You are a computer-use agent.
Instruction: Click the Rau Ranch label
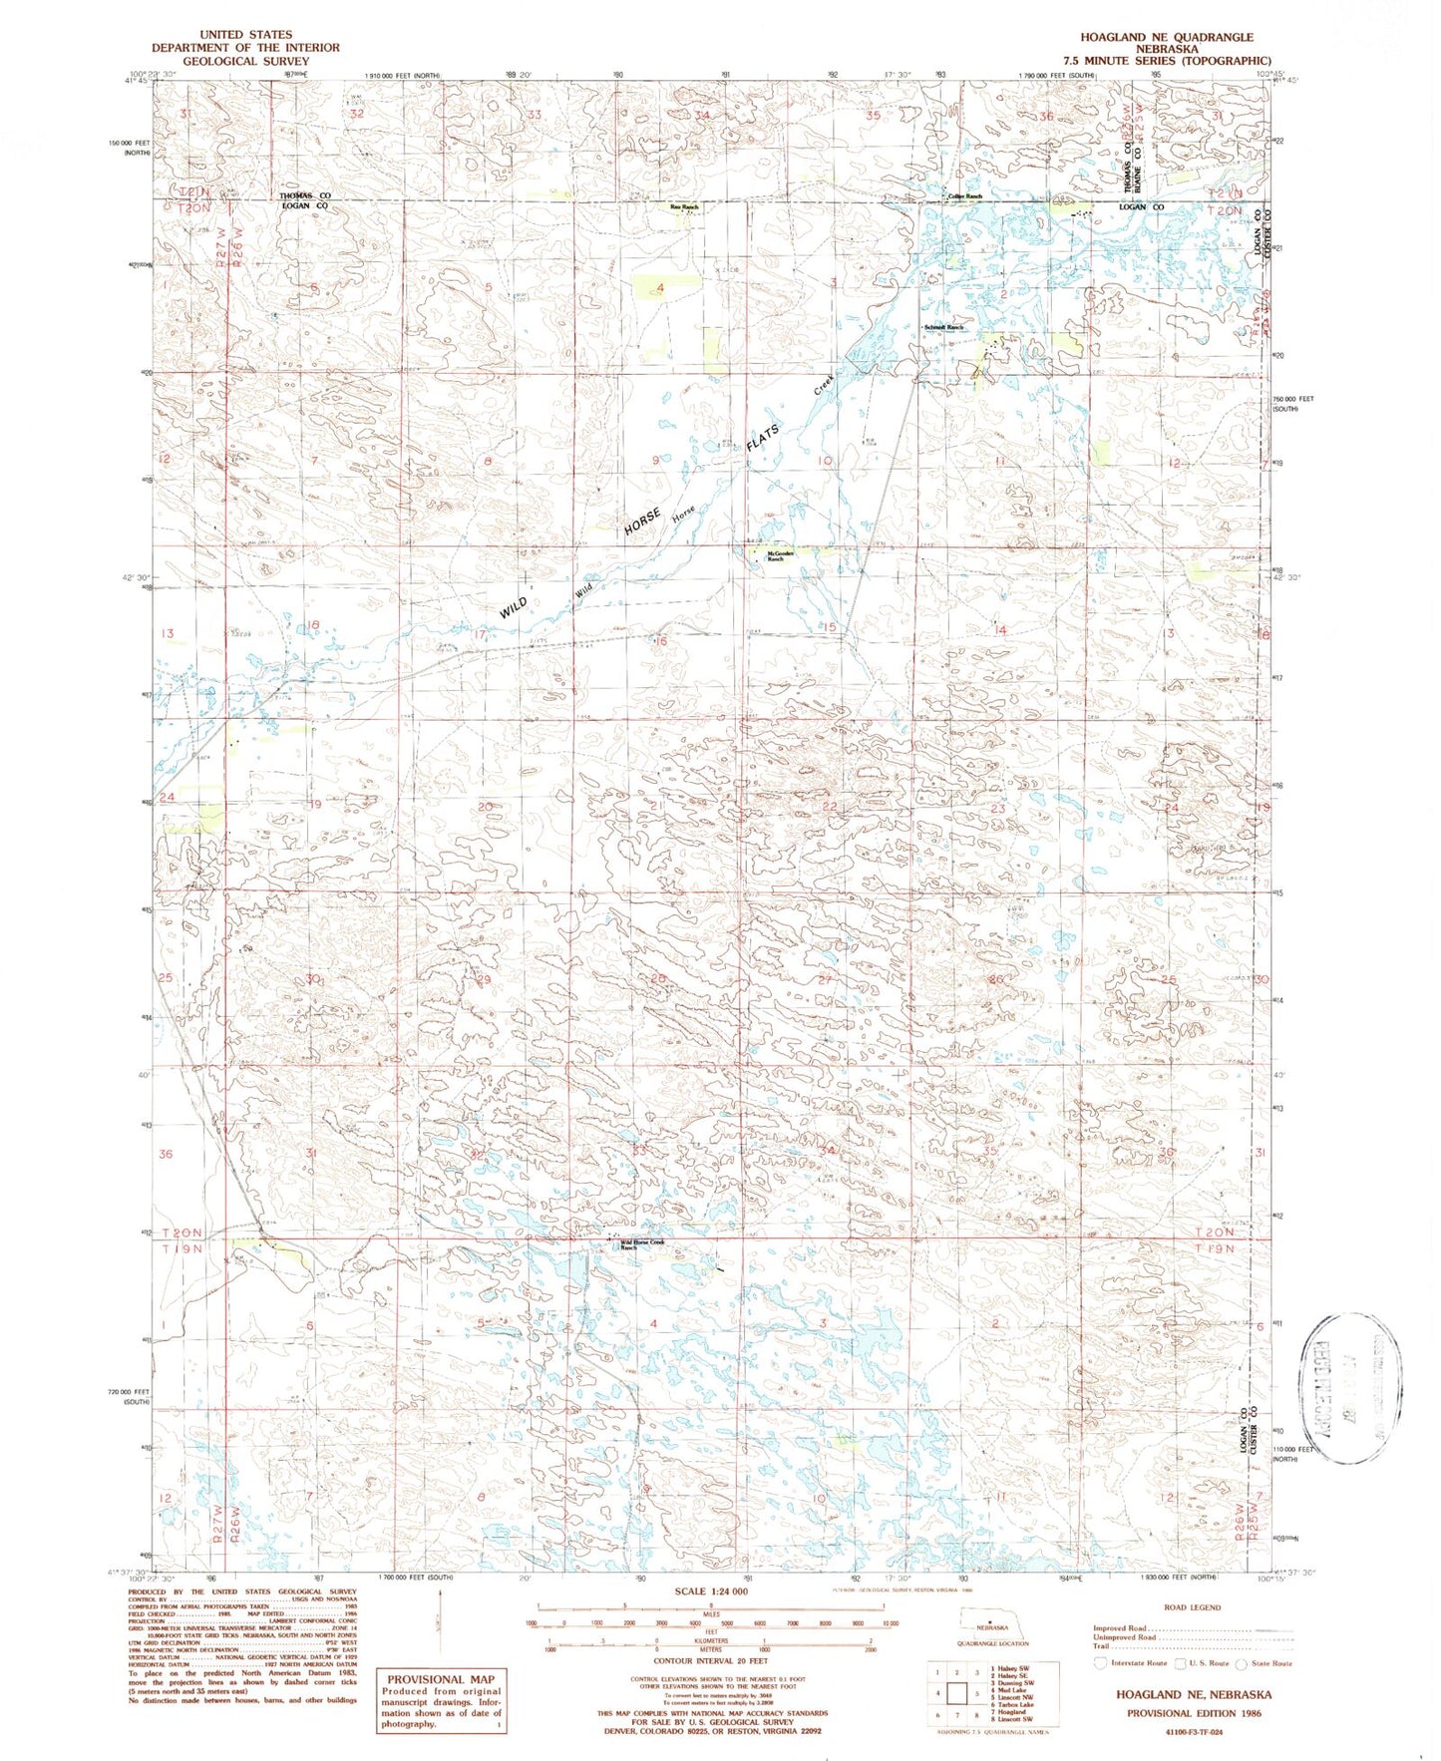[684, 206]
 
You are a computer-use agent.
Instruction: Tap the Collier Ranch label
[965, 196]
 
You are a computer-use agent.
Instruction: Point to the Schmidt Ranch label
[943, 327]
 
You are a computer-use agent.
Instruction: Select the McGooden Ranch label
[781, 556]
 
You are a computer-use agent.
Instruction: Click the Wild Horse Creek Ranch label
[642, 1244]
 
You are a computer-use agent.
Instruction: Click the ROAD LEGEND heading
[1192, 1607]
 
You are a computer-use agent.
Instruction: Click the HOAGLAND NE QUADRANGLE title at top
[1166, 37]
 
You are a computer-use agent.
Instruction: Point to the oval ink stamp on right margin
[1350, 1388]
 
